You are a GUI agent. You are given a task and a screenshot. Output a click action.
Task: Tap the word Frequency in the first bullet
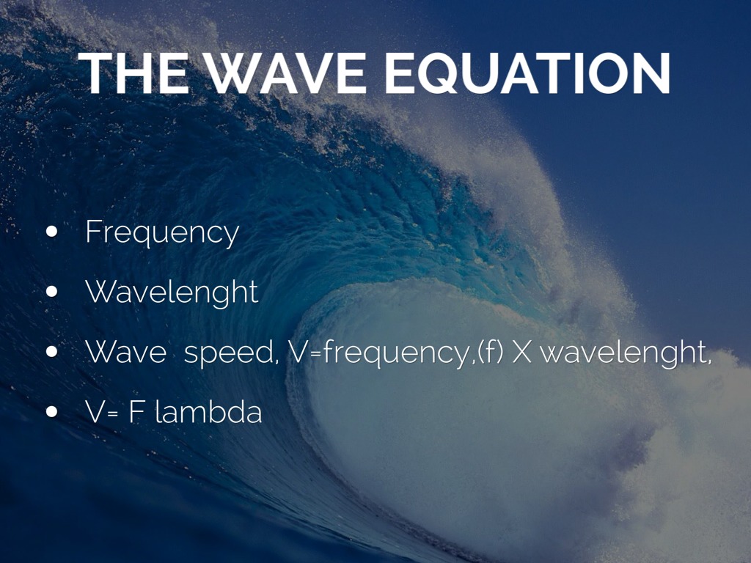(x=162, y=233)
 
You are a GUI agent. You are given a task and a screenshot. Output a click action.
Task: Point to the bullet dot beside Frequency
(x=52, y=232)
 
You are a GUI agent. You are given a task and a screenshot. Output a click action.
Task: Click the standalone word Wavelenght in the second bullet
(x=172, y=292)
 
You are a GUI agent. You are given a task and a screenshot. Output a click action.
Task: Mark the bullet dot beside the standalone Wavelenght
(x=52, y=292)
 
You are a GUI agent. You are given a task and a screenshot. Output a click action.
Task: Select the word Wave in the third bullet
(x=125, y=353)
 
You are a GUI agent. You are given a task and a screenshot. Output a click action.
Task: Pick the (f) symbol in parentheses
(x=489, y=353)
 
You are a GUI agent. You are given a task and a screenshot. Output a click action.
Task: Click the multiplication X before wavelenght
(x=521, y=353)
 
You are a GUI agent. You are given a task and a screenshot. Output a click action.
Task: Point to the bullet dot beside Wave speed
(x=52, y=352)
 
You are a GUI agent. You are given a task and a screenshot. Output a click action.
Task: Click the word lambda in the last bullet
(x=208, y=412)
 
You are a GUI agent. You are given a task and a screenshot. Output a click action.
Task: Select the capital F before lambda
(x=135, y=412)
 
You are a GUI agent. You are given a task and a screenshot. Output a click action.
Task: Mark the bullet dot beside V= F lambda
(x=52, y=411)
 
